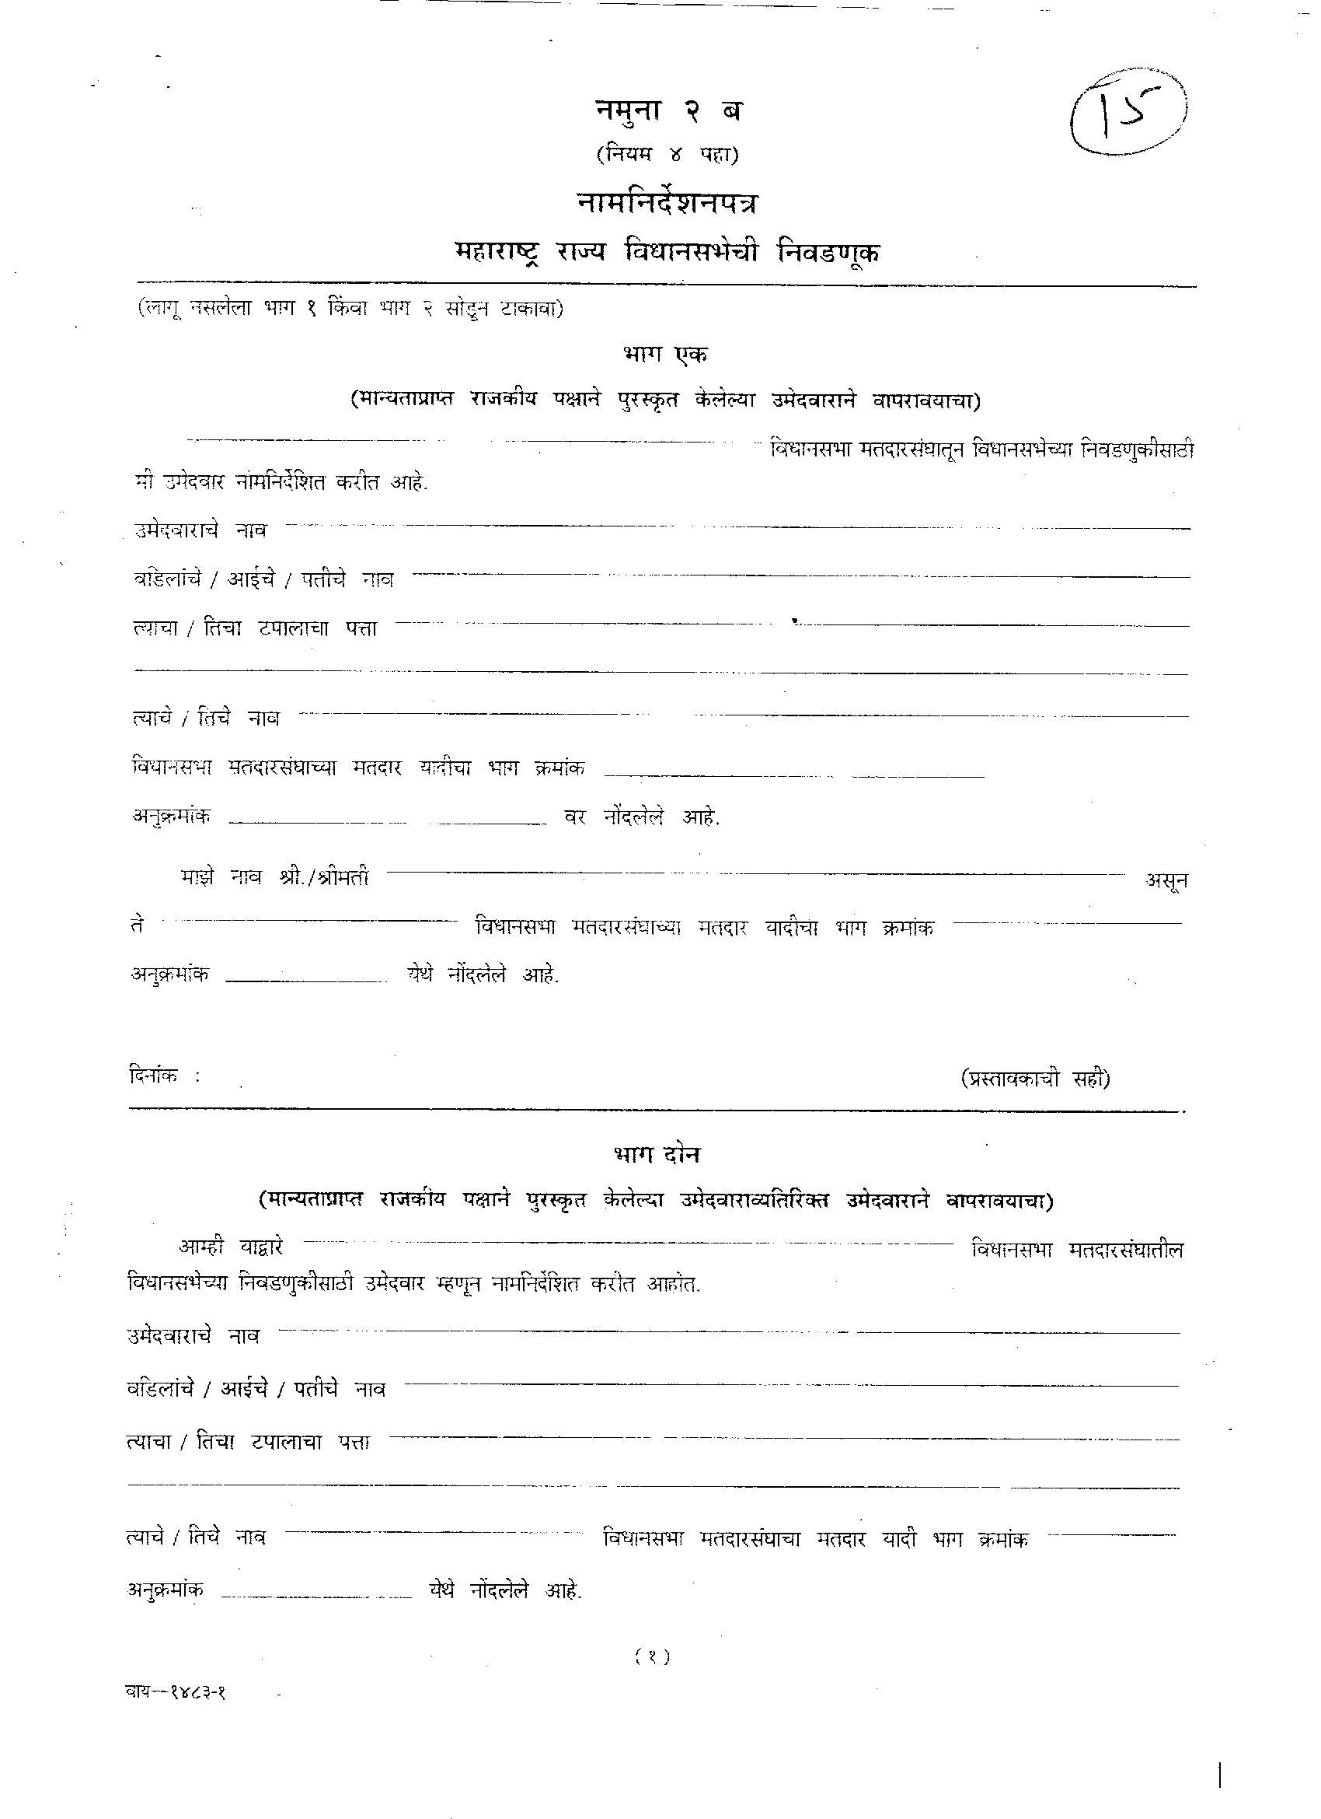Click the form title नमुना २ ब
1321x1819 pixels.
[667, 110]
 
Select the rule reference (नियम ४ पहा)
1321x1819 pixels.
[667, 153]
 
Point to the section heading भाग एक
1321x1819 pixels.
[665, 354]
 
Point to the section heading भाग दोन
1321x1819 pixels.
[657, 1154]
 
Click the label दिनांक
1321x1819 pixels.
[154, 1076]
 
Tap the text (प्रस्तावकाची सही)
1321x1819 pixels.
[1036, 1079]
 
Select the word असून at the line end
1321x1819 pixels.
[1166, 881]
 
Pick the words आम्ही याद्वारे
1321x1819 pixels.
[231, 1247]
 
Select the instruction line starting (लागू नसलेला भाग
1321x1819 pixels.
[350, 309]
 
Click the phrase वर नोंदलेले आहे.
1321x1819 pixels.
[642, 817]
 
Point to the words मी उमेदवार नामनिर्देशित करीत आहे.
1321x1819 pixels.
[281, 482]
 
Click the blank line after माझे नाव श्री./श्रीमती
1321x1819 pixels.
[758, 873]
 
